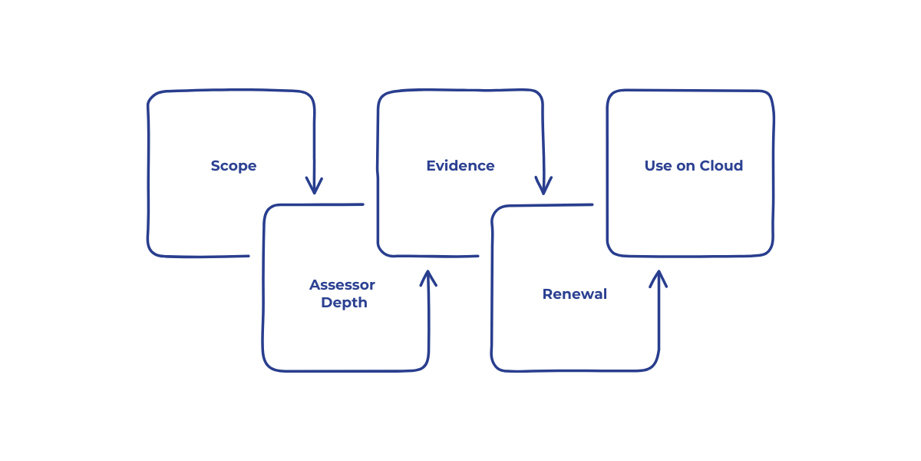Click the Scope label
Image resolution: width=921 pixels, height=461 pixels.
233,166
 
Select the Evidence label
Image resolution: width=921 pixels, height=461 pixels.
460,166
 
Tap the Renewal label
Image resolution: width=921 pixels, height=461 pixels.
574,294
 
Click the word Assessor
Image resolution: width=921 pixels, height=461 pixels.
342,285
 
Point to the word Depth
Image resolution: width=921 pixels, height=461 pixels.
344,303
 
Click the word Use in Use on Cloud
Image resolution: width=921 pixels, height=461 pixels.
658,166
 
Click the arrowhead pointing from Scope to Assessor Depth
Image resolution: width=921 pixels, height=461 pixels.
313,188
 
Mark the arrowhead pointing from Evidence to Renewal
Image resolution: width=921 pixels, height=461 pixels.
543,188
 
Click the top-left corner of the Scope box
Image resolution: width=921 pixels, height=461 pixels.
151,95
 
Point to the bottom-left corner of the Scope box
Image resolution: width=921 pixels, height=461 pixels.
151,252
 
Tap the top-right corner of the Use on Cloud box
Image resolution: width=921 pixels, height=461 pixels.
769,95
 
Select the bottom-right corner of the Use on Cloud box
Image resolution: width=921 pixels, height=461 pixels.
769,251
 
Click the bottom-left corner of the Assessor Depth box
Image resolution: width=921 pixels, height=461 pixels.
267,366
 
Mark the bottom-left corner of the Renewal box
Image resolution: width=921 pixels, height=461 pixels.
495,366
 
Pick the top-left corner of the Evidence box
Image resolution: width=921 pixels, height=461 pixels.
381,95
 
